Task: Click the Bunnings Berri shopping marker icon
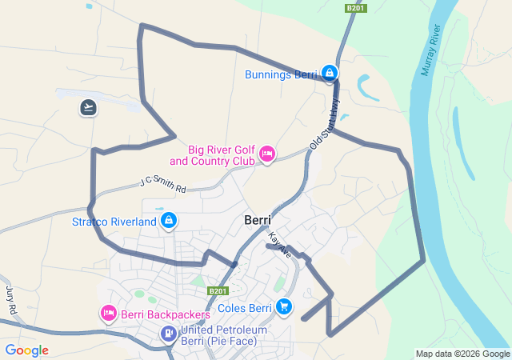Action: tap(330, 73)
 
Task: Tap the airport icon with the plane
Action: tap(88, 106)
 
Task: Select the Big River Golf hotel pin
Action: tap(267, 153)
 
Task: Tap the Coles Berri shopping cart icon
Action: tap(283, 306)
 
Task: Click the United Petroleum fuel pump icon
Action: tap(169, 334)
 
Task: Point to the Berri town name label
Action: tap(257, 220)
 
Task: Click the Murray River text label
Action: tap(430, 51)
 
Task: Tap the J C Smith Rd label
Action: tap(162, 184)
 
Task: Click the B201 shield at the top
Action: tap(356, 8)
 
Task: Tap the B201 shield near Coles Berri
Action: tap(218, 291)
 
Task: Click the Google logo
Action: tap(26, 350)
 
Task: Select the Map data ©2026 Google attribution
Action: tap(462, 354)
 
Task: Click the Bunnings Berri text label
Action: tap(282, 75)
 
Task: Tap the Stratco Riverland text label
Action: tap(114, 221)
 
